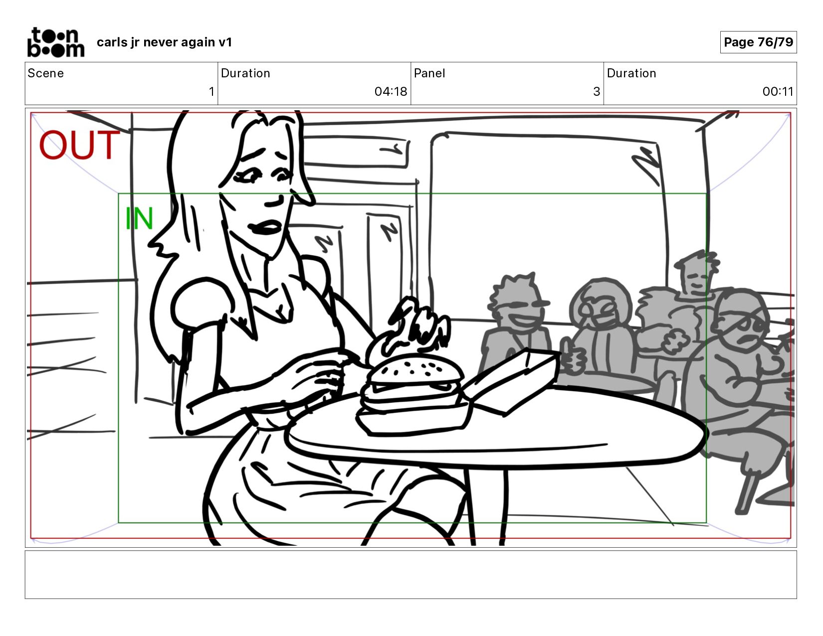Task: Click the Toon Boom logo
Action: tap(56, 42)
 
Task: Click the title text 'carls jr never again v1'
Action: tap(164, 42)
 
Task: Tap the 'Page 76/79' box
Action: tap(758, 42)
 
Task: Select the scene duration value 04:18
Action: tap(391, 91)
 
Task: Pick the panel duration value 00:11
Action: tap(778, 91)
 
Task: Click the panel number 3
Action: tap(597, 91)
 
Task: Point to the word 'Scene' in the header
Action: tap(46, 73)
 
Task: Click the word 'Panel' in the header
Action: tap(429, 73)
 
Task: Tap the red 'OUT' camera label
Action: tap(79, 145)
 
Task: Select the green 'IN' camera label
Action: tap(139, 218)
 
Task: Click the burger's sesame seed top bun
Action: tap(415, 369)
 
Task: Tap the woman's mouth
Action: tap(265, 227)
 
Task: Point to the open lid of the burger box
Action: tap(509, 380)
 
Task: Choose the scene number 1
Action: tap(211, 91)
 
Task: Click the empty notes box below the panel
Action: tap(411, 575)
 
